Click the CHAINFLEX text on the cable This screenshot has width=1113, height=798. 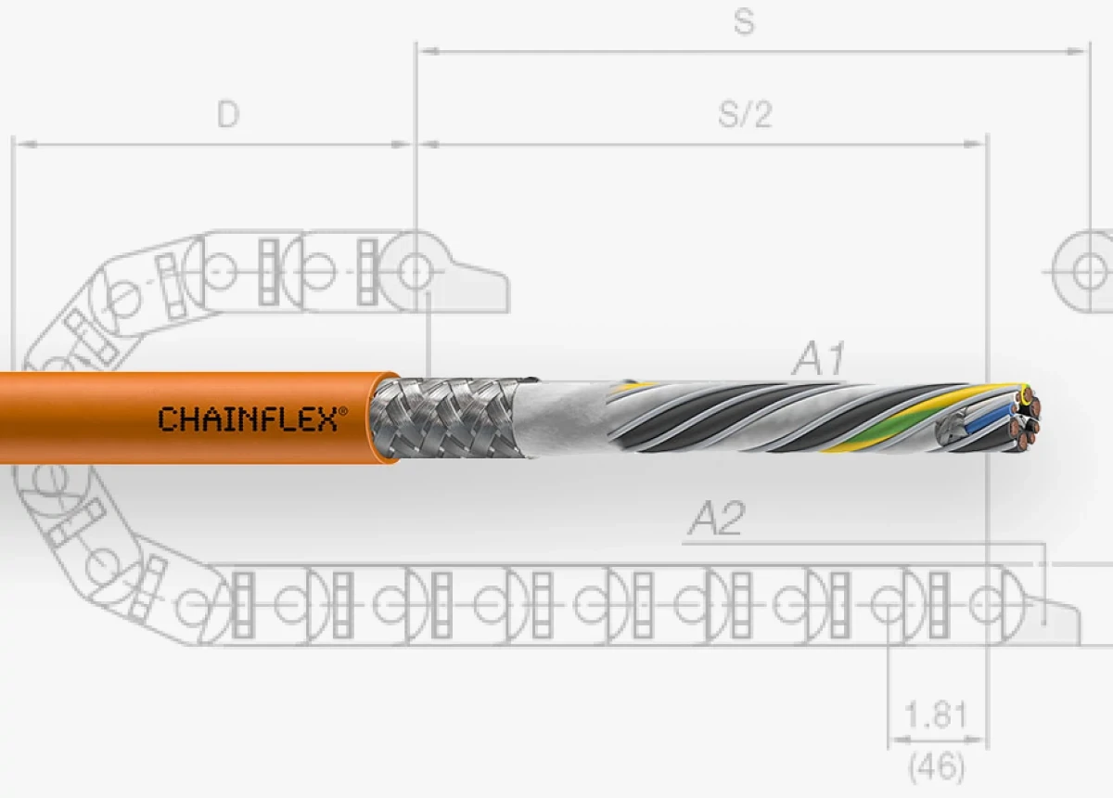coord(248,419)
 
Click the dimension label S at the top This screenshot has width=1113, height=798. coord(744,22)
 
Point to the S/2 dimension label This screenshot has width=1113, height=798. coord(745,114)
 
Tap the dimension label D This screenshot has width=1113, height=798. coord(228,114)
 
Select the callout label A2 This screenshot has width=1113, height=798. coord(716,521)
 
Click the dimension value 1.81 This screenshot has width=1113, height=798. coord(935,715)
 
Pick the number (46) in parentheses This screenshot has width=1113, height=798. coord(935,766)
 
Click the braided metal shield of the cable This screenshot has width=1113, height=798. coord(445,418)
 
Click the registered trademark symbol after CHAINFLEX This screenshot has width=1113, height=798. coord(343,409)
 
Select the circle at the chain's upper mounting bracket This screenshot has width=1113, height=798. coord(415,272)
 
